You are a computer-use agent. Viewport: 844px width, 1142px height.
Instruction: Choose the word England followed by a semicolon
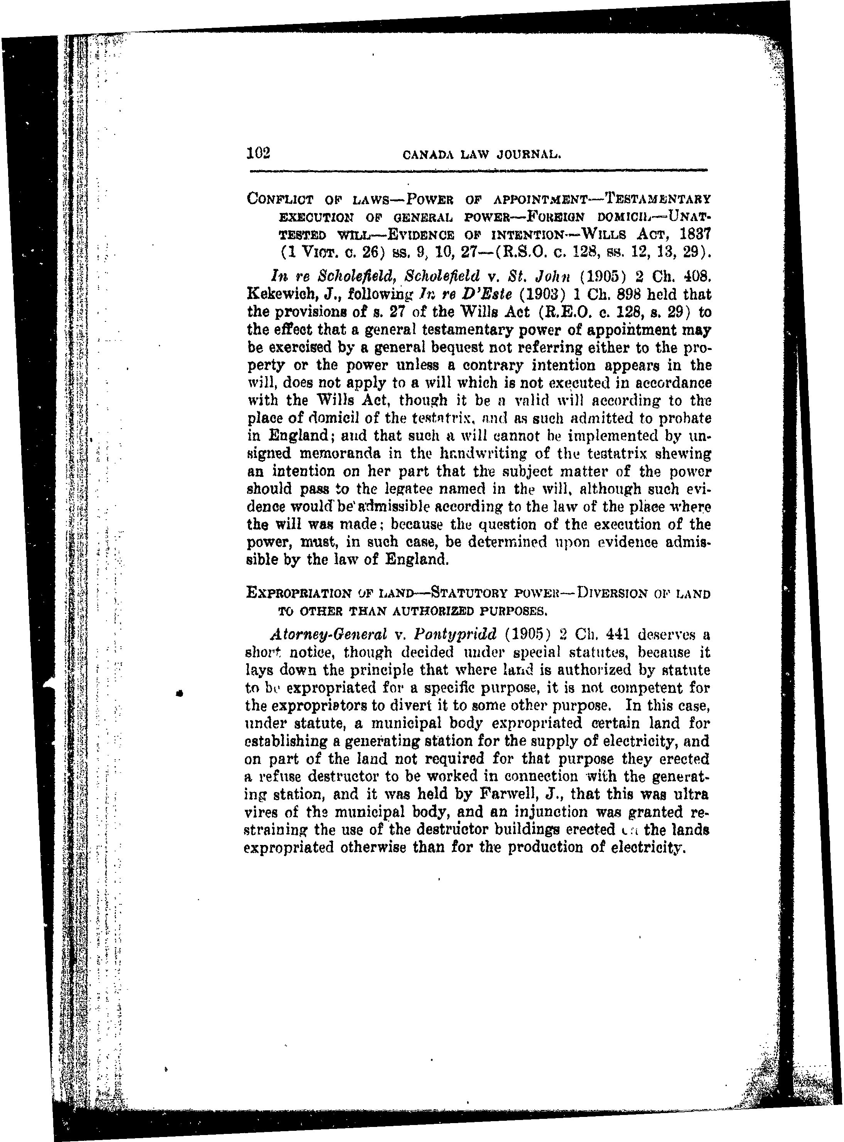coord(298,436)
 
